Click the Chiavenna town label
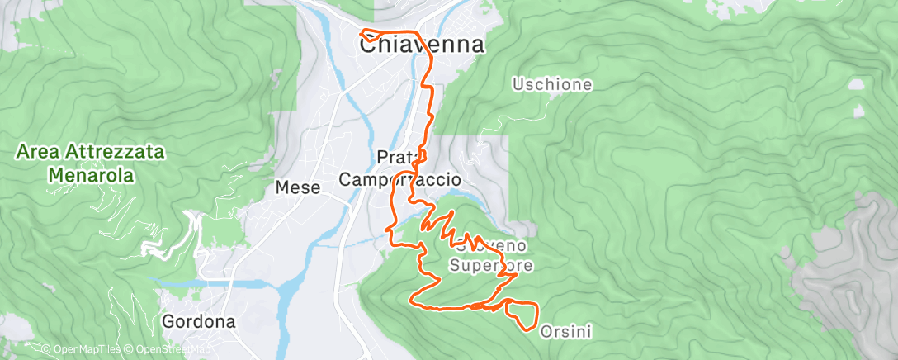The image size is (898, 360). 421,45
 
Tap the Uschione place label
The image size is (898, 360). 552,84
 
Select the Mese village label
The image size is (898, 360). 297,187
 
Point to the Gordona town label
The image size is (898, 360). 199,321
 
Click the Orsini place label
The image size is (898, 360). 565,332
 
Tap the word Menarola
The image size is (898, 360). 91,175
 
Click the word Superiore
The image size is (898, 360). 490,265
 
